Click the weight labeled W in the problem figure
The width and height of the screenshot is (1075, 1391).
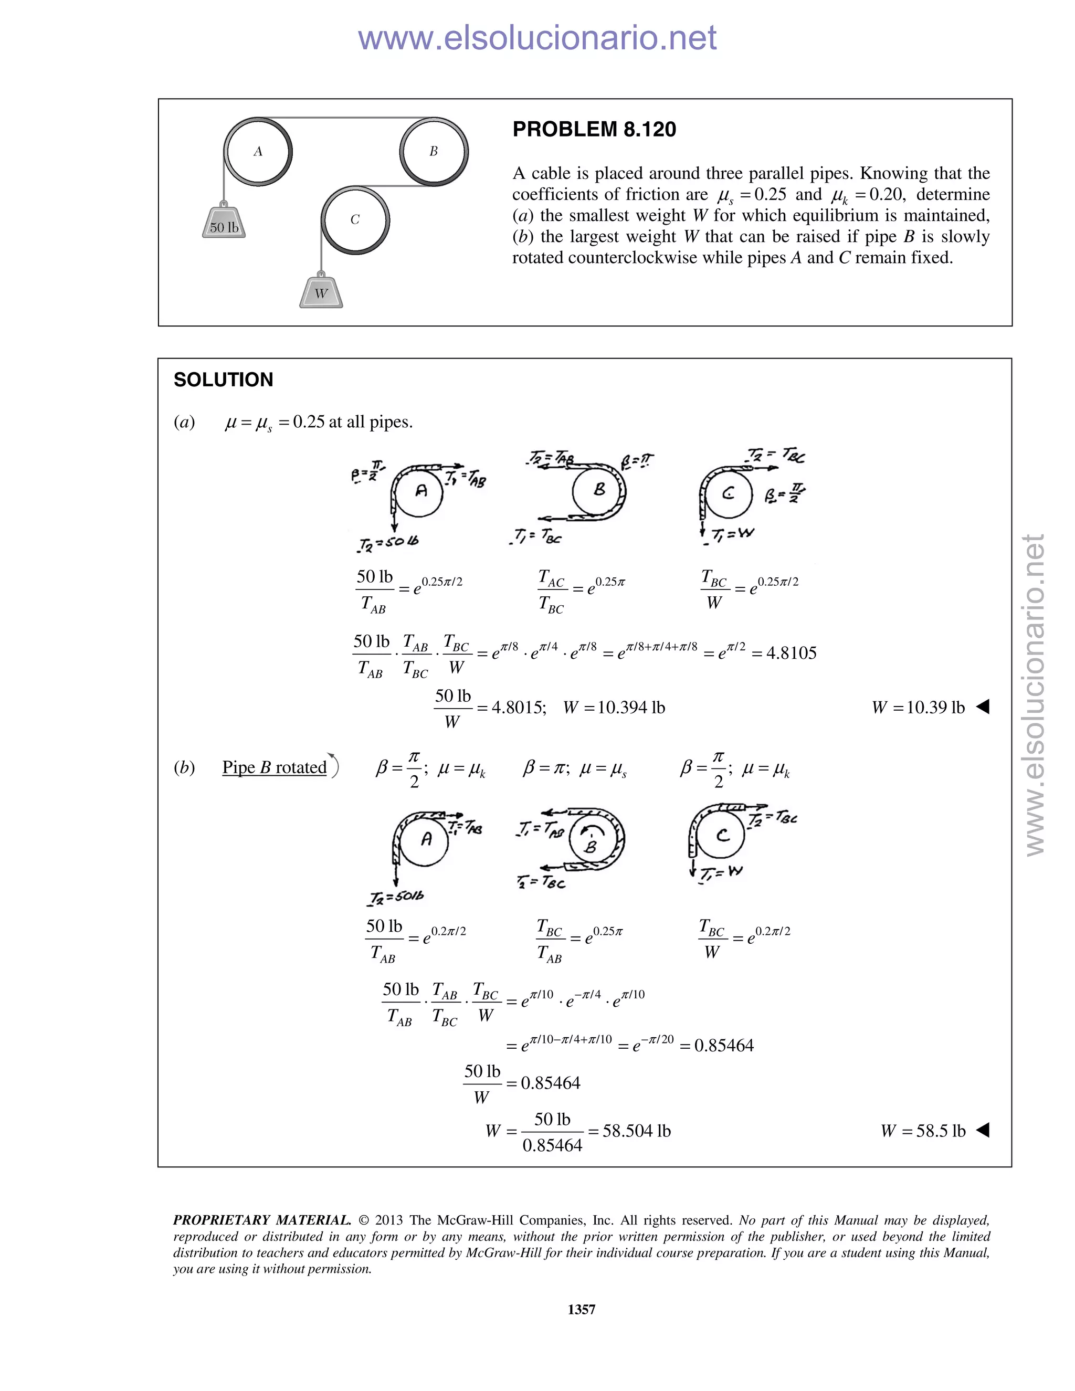pyautogui.click(x=321, y=292)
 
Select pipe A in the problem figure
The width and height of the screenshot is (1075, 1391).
pyautogui.click(x=258, y=152)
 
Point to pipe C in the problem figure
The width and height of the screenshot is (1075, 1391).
pyautogui.click(x=355, y=220)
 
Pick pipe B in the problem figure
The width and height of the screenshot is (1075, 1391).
pyautogui.click(x=434, y=152)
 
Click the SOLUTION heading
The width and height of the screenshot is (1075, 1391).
pyautogui.click(x=223, y=380)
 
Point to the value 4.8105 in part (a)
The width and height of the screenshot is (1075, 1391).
pyautogui.click(x=784, y=653)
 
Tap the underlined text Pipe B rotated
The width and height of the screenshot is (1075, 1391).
pyautogui.click(x=274, y=767)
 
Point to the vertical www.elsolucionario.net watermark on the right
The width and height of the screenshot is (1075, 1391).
pyautogui.click(x=1035, y=694)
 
